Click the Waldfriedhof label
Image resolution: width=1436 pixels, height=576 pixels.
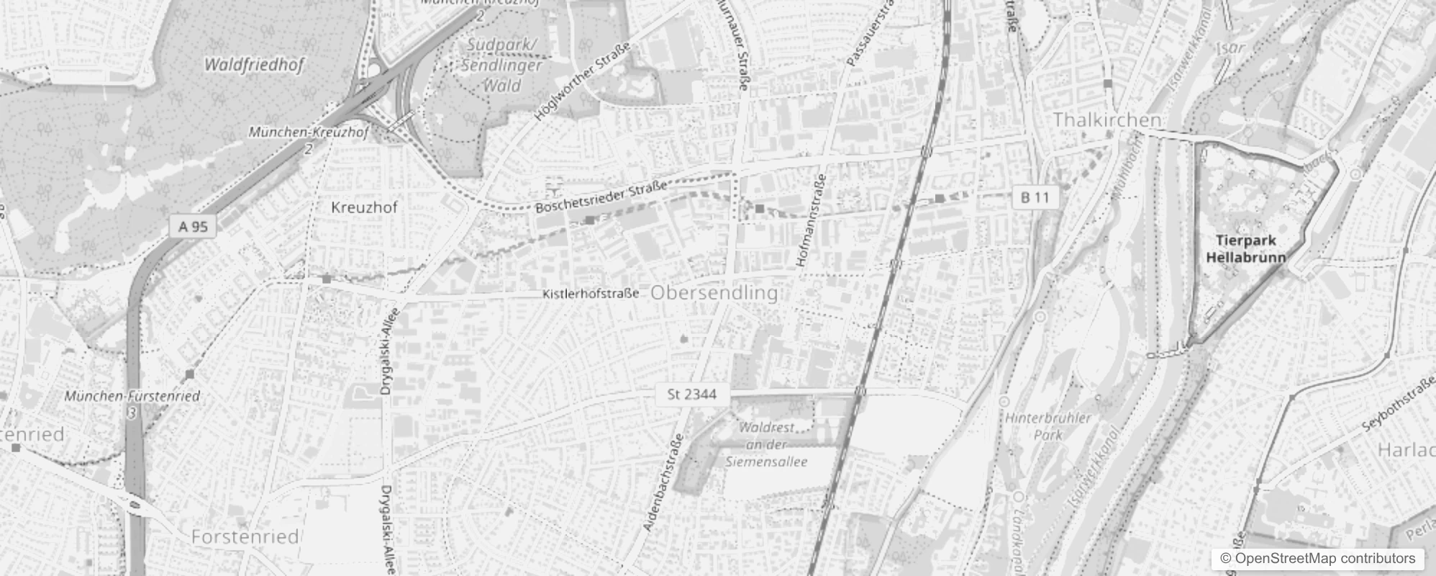(254, 65)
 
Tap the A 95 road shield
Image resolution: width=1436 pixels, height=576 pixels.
(193, 227)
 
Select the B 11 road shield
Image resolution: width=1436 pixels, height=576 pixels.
(1035, 197)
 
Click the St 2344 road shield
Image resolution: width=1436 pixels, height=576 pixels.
(691, 394)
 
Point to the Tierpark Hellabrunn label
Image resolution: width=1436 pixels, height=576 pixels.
(1245, 248)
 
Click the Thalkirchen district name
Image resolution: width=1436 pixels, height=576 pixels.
(1106, 120)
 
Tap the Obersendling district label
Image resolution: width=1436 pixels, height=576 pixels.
(714, 293)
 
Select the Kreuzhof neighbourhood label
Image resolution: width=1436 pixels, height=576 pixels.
(364, 207)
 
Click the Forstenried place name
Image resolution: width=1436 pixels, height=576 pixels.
(245, 536)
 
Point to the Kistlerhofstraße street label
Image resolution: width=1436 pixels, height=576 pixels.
(591, 294)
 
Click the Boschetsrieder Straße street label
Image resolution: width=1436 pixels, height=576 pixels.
(601, 198)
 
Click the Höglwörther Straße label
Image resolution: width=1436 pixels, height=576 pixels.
(582, 81)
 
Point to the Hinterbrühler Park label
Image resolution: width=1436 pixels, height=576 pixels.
(1048, 426)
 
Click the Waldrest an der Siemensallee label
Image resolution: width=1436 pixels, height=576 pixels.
(766, 444)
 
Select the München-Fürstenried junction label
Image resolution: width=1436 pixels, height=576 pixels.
(132, 396)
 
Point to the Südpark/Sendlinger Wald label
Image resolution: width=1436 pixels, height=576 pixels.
(501, 65)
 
